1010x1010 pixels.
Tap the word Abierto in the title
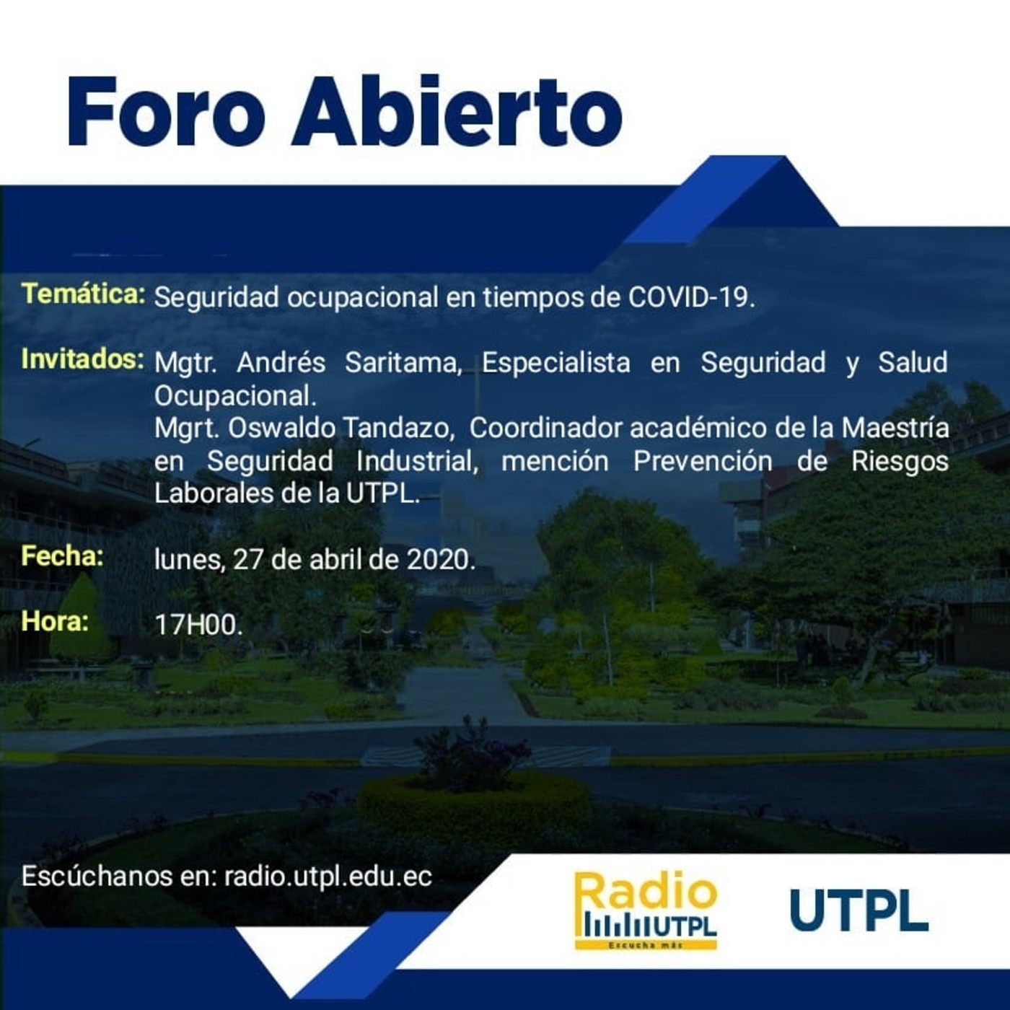(x=457, y=112)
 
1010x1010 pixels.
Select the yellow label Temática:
(x=83, y=294)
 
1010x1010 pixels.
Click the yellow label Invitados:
(x=82, y=359)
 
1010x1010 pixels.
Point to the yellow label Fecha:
(x=62, y=555)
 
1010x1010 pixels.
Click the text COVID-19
(x=691, y=297)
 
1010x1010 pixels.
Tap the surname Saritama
(x=403, y=362)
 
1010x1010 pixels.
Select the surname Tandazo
(x=398, y=428)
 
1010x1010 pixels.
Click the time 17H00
(x=198, y=624)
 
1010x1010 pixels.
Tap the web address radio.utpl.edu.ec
(x=328, y=876)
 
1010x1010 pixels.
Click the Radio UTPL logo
(x=646, y=910)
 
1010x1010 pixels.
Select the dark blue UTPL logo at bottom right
(x=858, y=910)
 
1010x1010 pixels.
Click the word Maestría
(x=895, y=428)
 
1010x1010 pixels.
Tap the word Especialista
(x=555, y=362)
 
